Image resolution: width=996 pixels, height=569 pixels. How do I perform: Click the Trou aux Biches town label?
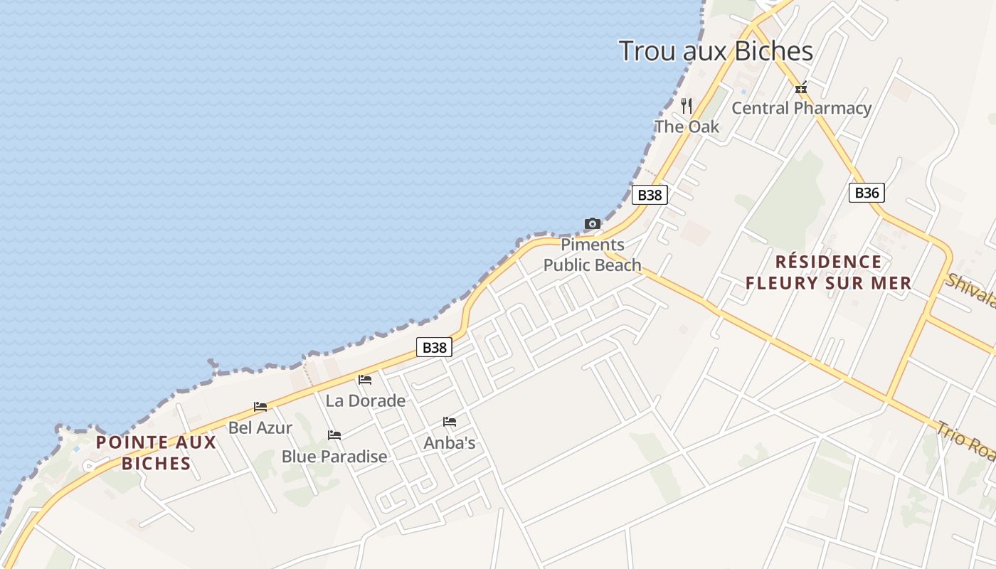tap(716, 51)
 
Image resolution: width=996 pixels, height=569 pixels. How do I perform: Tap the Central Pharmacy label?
tap(801, 108)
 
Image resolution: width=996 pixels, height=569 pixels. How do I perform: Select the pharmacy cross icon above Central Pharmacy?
tap(801, 89)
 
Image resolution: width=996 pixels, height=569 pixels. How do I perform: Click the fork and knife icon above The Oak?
tap(687, 106)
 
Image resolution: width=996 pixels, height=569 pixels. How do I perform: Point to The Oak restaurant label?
tap(687, 127)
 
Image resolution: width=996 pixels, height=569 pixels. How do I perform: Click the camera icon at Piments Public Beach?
tap(592, 224)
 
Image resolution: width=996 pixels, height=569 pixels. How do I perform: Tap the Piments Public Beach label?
tap(593, 255)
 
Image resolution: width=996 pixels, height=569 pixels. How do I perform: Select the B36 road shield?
tap(867, 192)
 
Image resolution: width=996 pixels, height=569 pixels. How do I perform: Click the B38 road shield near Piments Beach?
tap(650, 195)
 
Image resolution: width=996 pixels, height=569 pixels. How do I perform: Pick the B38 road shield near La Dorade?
tap(434, 347)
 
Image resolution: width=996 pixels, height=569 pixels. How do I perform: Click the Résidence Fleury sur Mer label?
tap(827, 272)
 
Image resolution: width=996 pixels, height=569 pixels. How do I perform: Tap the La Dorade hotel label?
tap(366, 400)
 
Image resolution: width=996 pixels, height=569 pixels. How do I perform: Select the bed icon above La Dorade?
tap(365, 380)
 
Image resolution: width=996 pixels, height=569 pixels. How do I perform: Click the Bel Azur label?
tap(260, 427)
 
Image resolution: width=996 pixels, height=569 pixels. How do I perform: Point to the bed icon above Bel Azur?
tap(260, 407)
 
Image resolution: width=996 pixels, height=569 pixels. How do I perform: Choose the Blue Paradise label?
tap(334, 456)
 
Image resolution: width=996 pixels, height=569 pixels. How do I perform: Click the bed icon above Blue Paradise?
tap(334, 435)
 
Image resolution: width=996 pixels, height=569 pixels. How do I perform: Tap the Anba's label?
tap(450, 442)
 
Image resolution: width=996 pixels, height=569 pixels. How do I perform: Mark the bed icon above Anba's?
tap(450, 422)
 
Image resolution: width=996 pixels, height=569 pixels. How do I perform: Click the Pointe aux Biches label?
tap(156, 452)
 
